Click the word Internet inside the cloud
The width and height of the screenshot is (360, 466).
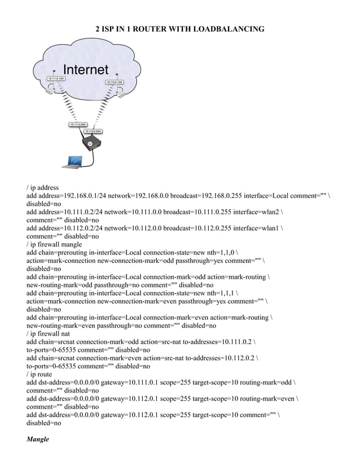[85, 70]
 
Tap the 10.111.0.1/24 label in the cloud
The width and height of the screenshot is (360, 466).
[56, 78]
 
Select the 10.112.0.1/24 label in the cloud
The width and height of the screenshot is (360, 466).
[114, 82]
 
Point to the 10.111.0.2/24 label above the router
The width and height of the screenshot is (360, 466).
[77, 124]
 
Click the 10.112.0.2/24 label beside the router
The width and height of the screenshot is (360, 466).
[93, 131]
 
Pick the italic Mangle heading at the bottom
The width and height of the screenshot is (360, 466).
[38, 439]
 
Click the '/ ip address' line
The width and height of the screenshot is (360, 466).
[42, 187]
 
